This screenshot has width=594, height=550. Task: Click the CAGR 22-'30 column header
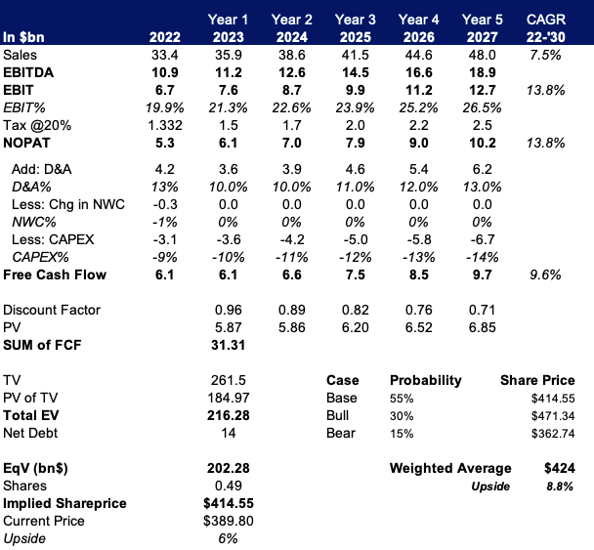(544, 28)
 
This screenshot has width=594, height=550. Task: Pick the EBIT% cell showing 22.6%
(291, 108)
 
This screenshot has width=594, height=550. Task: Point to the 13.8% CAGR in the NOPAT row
(544, 144)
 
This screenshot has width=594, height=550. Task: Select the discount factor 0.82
(355, 310)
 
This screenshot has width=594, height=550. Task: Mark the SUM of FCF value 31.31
(228, 345)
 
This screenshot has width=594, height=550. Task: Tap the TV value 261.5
(228, 380)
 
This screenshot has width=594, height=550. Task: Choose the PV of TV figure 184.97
(228, 398)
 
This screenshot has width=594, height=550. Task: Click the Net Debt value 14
(228, 433)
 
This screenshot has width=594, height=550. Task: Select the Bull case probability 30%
(403, 415)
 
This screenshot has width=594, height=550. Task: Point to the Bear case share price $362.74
(551, 433)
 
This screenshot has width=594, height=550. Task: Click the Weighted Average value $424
(558, 468)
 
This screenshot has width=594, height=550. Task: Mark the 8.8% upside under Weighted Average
(558, 486)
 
